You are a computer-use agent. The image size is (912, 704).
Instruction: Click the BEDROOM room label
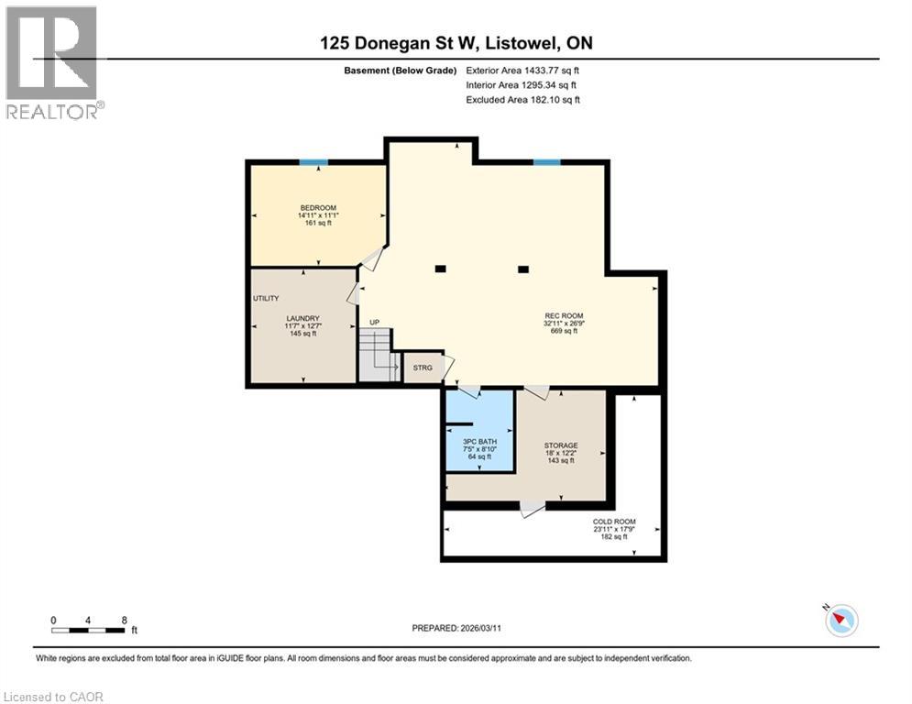tap(318, 208)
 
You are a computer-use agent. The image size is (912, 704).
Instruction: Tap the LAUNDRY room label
tap(302, 318)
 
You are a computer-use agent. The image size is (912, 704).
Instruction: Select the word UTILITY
tap(266, 299)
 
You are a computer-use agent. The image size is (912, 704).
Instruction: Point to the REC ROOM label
tap(564, 315)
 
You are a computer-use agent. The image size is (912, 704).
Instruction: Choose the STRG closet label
tap(423, 368)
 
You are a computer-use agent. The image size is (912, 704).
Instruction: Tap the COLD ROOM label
tap(613, 522)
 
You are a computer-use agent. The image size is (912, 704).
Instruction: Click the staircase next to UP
tap(376, 357)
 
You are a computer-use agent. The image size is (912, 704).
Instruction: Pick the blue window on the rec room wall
tap(547, 162)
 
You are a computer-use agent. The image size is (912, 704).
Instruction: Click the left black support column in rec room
tap(441, 269)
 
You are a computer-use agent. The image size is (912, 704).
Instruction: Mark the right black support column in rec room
tap(523, 269)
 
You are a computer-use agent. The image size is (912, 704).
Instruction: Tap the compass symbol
tap(841, 621)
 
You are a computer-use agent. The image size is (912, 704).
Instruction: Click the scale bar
tap(89, 630)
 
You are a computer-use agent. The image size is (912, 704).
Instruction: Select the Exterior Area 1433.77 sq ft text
tap(522, 70)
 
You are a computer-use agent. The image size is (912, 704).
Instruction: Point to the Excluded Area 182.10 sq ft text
tap(522, 99)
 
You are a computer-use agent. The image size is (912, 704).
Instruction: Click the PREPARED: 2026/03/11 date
tap(456, 628)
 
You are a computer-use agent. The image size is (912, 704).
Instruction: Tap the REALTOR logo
tap(52, 62)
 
